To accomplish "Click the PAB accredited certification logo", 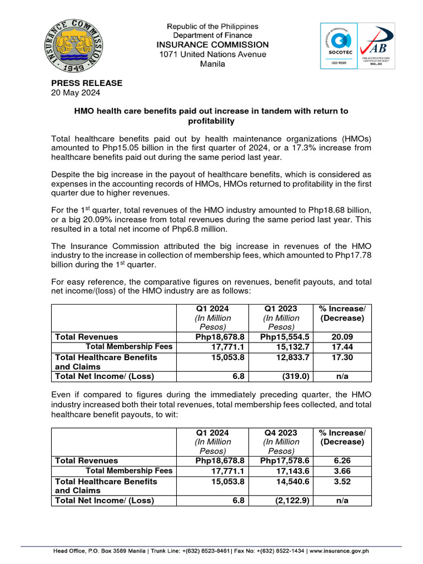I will [376, 46].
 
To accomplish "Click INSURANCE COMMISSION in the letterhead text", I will [213, 45].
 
